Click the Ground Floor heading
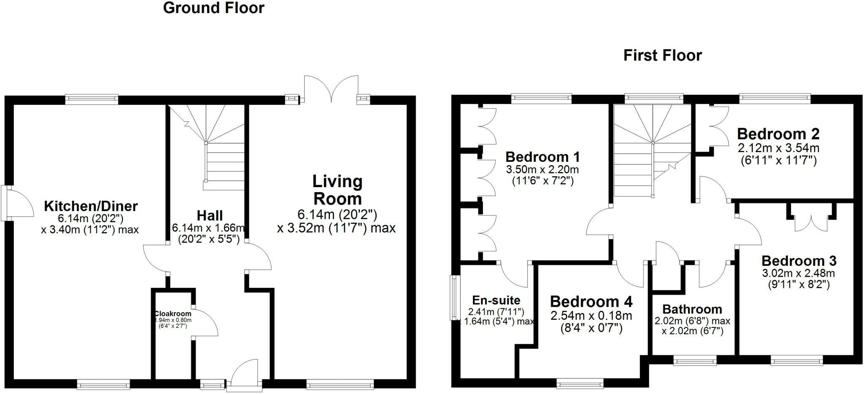click(213, 8)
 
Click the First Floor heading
click(662, 56)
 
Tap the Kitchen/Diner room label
click(91, 206)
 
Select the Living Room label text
click(337, 190)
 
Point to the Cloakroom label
click(173, 314)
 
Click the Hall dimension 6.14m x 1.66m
click(208, 228)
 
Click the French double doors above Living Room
click(331, 89)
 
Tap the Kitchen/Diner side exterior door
click(19, 203)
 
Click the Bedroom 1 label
click(543, 157)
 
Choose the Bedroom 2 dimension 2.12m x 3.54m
click(778, 148)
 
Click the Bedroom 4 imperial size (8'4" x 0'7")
click(591, 328)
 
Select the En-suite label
click(496, 300)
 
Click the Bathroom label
click(692, 309)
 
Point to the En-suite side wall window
click(454, 297)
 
